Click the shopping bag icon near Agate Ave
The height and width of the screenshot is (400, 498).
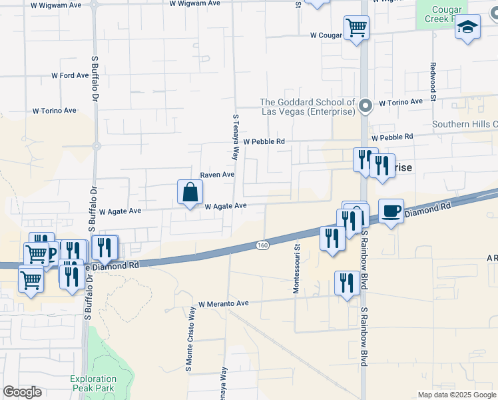pos(190,192)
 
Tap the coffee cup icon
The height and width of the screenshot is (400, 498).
pos(391,211)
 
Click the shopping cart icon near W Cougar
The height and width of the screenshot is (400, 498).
pos(356,28)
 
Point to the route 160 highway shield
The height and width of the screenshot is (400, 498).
pos(262,245)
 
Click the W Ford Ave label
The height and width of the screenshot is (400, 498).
pos(70,75)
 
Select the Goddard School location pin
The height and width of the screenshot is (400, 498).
pos(365,106)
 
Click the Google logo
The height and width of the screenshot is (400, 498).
pos(22,391)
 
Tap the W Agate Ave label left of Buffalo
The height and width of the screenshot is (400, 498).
pos(120,211)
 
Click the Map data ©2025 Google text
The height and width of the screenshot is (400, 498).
pos(457,395)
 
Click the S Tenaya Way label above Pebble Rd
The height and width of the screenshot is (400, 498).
pos(235,136)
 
